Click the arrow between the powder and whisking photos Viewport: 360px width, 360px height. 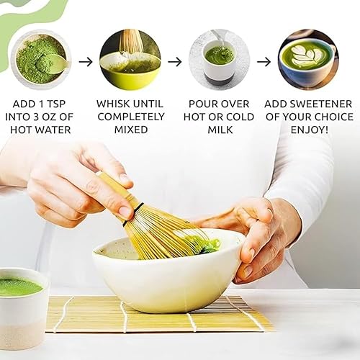coord(86,61)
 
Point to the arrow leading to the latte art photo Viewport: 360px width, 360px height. coord(264,61)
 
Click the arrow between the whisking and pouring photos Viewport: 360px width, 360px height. coord(175,61)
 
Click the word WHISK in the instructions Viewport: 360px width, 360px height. coord(114,104)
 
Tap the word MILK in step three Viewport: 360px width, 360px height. coord(219,130)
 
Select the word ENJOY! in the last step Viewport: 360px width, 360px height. coord(308,130)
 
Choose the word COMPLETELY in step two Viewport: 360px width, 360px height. coord(130,117)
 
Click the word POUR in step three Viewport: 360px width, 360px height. coord(204,104)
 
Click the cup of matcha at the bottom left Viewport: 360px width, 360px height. coord(22,302)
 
